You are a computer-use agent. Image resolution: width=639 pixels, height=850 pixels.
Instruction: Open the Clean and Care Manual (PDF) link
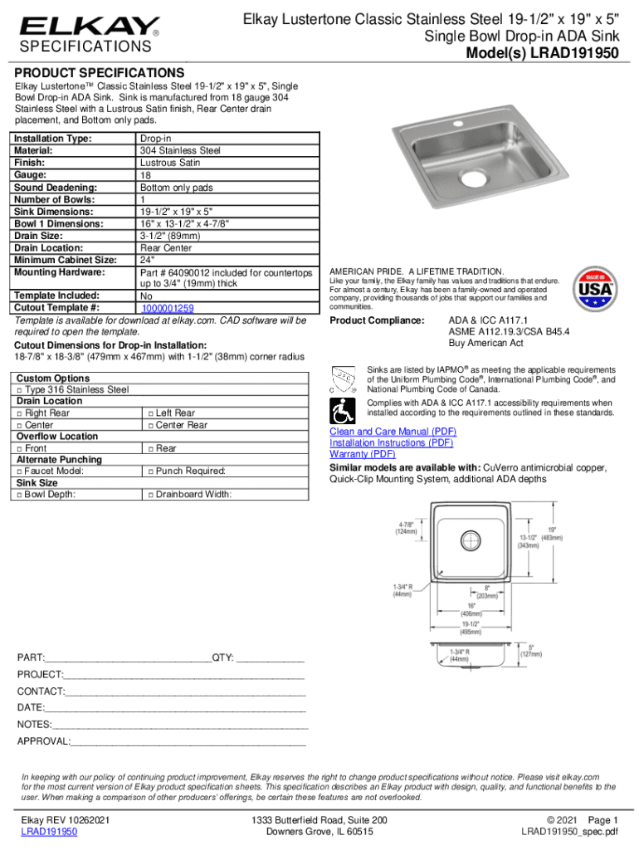pyautogui.click(x=393, y=432)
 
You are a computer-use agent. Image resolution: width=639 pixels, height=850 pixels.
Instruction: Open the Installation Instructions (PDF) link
pyautogui.click(x=391, y=443)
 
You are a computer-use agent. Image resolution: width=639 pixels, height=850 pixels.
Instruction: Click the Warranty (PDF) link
pyautogui.click(x=363, y=454)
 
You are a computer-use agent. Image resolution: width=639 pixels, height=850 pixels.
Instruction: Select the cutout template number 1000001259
pyautogui.click(x=167, y=308)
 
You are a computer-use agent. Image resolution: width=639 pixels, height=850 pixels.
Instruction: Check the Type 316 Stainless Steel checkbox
pyautogui.click(x=20, y=389)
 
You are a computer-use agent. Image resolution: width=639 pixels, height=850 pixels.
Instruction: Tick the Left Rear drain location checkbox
pyautogui.click(x=149, y=413)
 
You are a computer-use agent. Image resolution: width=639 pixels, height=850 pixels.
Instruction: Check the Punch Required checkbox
pyautogui.click(x=149, y=471)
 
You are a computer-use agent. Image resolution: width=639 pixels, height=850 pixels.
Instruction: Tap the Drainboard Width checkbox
pyautogui.click(x=149, y=495)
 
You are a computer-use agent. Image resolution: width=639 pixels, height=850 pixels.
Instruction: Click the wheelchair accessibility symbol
pyautogui.click(x=341, y=410)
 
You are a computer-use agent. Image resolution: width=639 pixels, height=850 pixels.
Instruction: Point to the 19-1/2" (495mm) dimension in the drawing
pyautogui.click(x=472, y=628)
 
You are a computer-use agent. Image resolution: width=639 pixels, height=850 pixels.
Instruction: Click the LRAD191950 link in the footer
pyautogui.click(x=50, y=831)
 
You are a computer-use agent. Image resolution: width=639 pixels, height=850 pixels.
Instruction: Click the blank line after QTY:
pyautogui.click(x=271, y=658)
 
